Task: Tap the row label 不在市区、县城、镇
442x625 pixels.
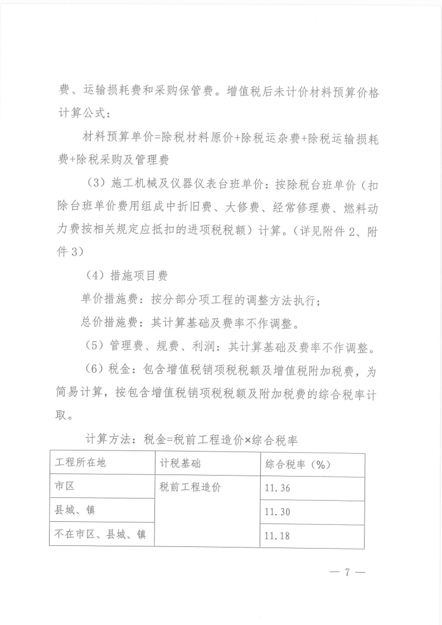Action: click(x=100, y=534)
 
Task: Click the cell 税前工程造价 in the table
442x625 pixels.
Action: click(x=190, y=487)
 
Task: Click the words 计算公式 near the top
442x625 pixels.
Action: click(x=81, y=114)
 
